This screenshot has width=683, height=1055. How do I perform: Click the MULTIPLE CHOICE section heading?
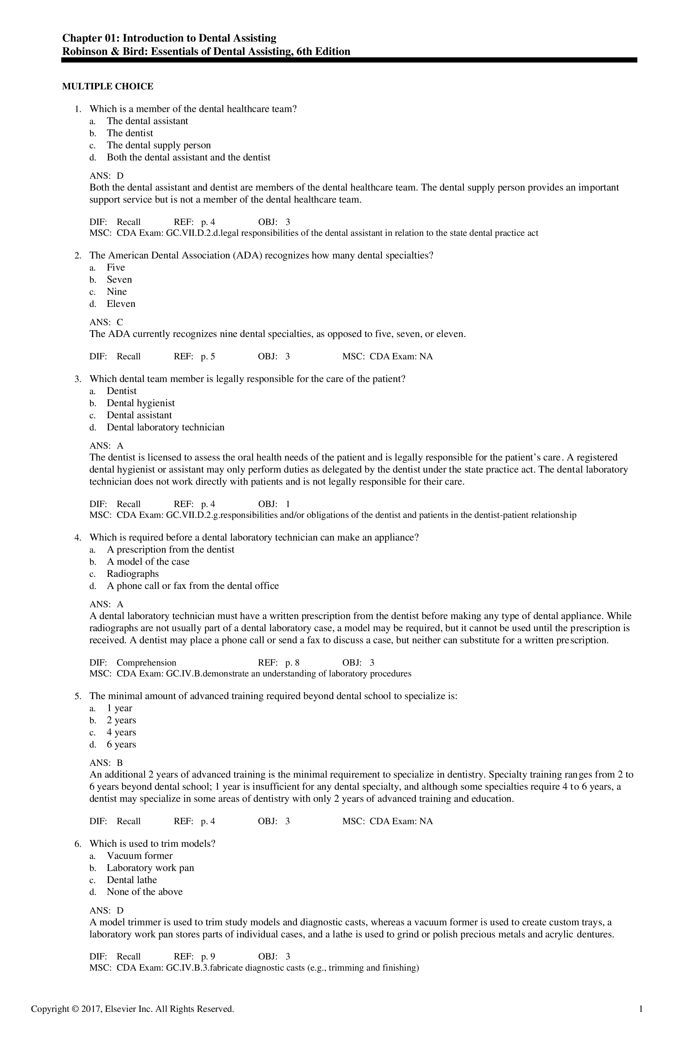[107, 87]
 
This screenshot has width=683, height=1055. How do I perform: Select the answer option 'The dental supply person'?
[158, 146]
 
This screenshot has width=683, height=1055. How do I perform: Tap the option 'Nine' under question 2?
[117, 292]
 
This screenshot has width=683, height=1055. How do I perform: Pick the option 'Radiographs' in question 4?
[133, 574]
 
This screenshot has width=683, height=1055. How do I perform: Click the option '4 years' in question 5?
[121, 733]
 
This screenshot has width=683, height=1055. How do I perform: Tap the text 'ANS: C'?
[106, 322]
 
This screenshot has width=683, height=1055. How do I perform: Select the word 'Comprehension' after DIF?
[146, 663]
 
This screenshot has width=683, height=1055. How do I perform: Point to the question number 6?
[78, 844]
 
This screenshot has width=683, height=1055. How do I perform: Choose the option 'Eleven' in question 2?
[121, 304]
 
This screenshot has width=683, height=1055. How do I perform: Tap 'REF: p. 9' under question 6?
[194, 957]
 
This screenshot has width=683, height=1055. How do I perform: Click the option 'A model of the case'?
[148, 562]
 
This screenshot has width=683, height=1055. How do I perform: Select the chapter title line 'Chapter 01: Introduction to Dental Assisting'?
[169, 38]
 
